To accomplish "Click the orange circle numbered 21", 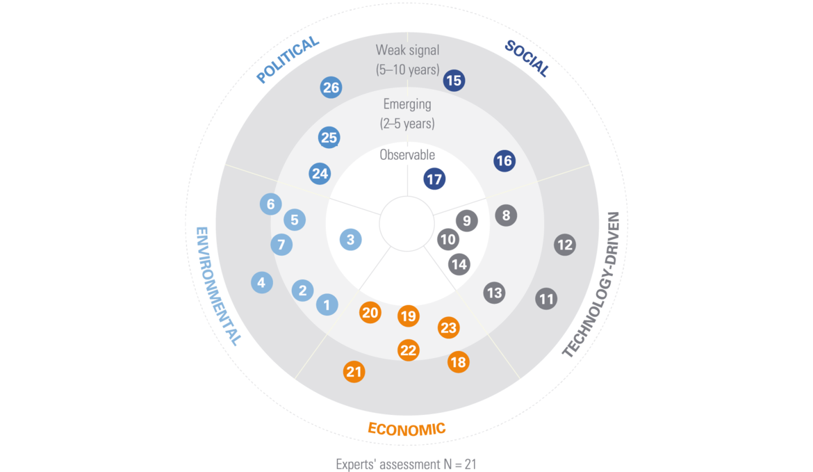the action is pos(354,372).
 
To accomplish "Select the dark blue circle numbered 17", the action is pos(434,179).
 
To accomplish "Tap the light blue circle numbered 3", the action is pos(350,240).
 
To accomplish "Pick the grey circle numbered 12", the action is pos(565,245).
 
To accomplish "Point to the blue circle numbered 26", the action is pos(331,88).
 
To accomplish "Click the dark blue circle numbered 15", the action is pos(454,81).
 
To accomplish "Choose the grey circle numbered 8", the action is pos(506,215).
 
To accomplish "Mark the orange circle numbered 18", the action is pos(459,362).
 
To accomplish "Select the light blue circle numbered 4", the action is pos(262,283).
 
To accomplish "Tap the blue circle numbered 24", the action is pos(320,173).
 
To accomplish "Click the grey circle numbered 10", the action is pos(448,240).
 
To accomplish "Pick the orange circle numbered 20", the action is pos(370,313).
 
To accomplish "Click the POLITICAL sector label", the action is pos(288,59).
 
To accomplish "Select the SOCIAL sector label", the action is pos(527,58).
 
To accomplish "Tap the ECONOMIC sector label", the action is pos(406,429).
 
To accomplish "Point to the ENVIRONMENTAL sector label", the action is pos(217,286).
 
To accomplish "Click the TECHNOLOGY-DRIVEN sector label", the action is pos(591,284).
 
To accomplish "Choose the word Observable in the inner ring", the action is pos(407,154).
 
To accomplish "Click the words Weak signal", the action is pos(407,50).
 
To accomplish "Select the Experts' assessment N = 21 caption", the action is pos(406,464).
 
